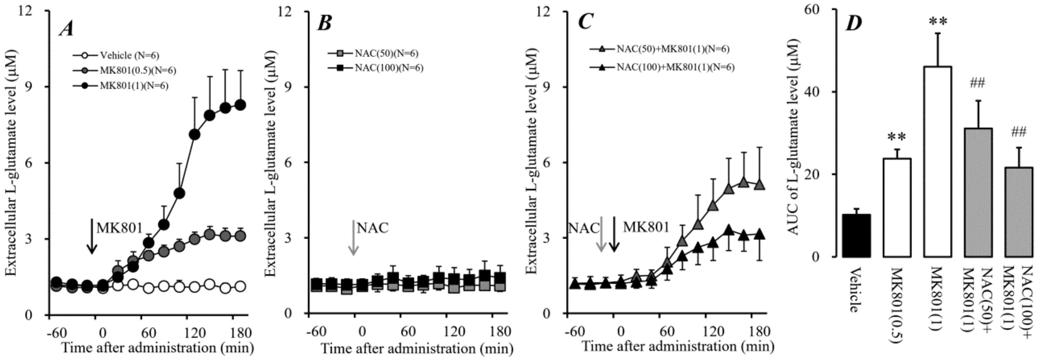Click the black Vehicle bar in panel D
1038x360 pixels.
[x=856, y=236]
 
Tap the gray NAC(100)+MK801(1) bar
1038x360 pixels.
[x=1018, y=212]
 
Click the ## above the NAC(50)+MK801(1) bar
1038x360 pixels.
[x=978, y=84]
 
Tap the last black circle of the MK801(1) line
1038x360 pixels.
[x=240, y=105]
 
